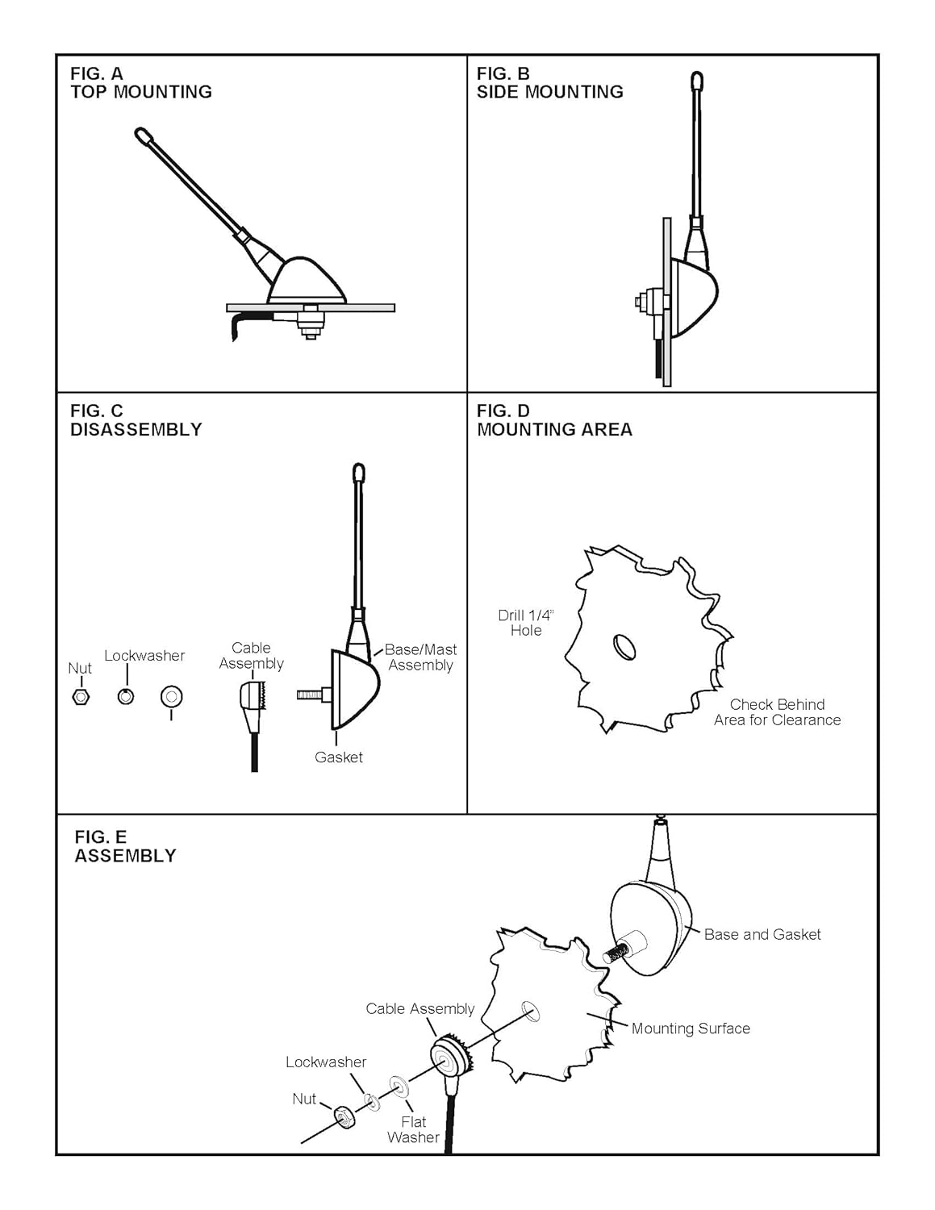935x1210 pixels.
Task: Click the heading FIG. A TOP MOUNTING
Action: [x=140, y=83]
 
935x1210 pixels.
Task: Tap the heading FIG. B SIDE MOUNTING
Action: [x=549, y=83]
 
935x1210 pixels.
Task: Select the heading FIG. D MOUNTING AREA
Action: [x=554, y=420]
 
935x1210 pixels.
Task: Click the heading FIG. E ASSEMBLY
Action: [x=125, y=846]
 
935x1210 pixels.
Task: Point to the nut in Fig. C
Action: [x=80, y=696]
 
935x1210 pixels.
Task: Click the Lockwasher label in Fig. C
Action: [x=144, y=656]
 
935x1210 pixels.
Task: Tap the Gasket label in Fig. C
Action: [x=338, y=757]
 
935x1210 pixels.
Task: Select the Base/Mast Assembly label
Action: [x=420, y=657]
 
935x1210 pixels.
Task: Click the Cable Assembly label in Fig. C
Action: [x=252, y=655]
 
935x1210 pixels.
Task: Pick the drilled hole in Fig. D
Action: [x=624, y=647]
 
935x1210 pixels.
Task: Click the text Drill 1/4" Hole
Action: [x=526, y=623]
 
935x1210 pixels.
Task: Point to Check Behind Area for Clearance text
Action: [x=777, y=712]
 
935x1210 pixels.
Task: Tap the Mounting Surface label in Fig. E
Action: [x=691, y=1028]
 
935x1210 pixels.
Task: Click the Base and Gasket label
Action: [x=762, y=934]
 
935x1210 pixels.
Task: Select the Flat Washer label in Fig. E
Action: [x=413, y=1129]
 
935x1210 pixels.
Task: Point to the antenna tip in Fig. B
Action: [x=697, y=80]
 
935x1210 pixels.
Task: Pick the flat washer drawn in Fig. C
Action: [x=171, y=696]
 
